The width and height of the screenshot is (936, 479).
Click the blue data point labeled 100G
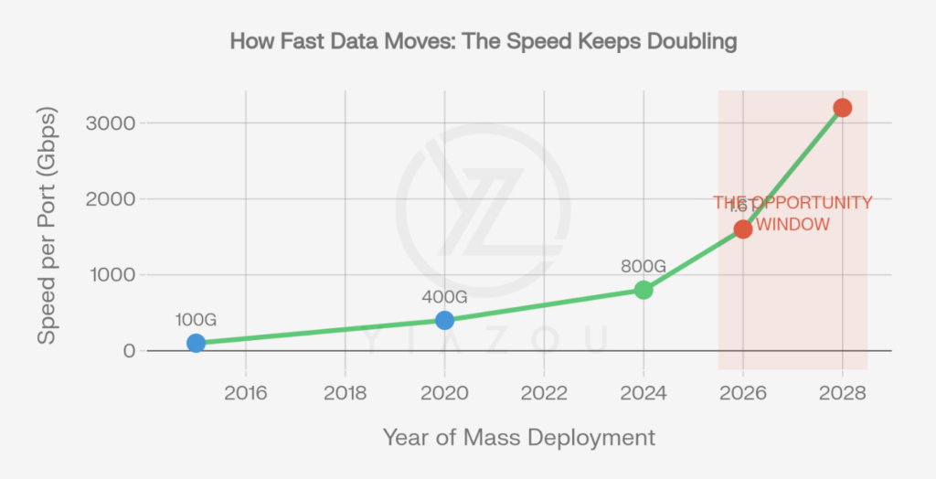(x=196, y=343)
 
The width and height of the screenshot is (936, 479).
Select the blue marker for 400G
(x=444, y=320)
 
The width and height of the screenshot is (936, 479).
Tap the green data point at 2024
(x=643, y=290)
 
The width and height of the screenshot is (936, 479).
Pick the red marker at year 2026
(x=743, y=229)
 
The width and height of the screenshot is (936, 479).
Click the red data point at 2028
(x=842, y=108)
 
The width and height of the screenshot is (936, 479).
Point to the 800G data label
(x=643, y=266)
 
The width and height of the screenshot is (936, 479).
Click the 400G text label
(x=444, y=297)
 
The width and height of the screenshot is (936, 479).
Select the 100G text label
(x=196, y=320)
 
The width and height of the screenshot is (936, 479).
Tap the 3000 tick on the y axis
(x=112, y=122)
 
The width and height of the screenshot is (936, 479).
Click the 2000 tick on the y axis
(x=112, y=198)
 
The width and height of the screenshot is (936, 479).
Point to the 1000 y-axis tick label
(x=112, y=274)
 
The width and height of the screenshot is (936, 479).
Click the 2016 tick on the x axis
(x=245, y=394)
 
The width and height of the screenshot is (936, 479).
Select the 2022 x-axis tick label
(x=544, y=394)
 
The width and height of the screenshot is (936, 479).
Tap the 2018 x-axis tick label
(x=345, y=394)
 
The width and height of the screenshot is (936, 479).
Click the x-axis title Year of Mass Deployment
(x=518, y=437)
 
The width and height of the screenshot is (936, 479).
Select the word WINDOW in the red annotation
(x=794, y=224)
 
